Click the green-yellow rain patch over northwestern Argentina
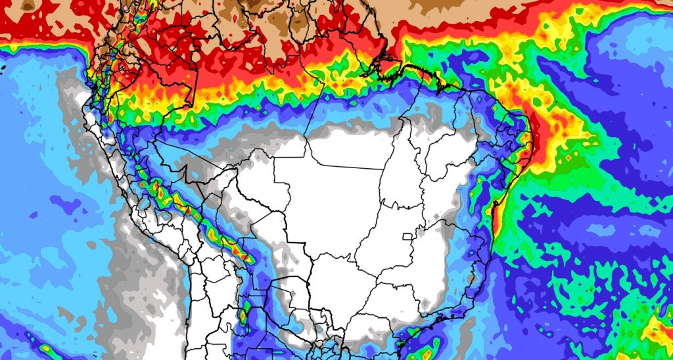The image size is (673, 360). coord(244,314)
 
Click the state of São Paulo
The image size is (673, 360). coord(388,296)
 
